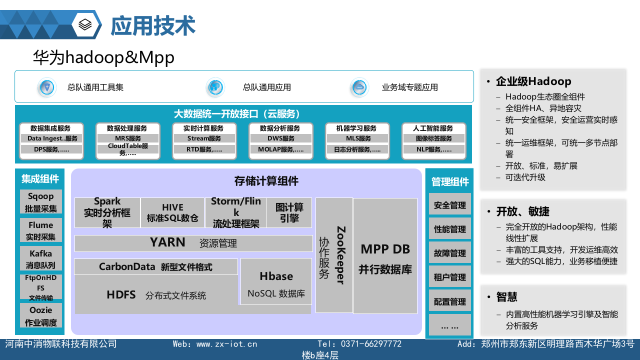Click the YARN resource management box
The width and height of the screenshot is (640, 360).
(193, 243)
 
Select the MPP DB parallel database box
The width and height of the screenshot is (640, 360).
(385, 256)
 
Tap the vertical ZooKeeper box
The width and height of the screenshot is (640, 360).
(334, 255)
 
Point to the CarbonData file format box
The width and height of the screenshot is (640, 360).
(155, 267)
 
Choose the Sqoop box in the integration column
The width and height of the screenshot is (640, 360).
(41, 202)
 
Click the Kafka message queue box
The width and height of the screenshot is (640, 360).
(41, 258)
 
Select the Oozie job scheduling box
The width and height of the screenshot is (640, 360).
(41, 316)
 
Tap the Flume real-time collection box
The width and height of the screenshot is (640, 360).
(41, 230)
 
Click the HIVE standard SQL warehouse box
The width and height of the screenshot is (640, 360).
(172, 212)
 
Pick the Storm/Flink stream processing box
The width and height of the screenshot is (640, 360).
(235, 212)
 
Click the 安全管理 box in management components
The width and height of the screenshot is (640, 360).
(450, 204)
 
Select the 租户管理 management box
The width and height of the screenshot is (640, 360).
(450, 276)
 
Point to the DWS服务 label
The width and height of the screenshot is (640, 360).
(281, 138)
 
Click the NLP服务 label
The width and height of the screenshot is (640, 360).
(434, 149)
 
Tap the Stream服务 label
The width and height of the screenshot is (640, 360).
(204, 138)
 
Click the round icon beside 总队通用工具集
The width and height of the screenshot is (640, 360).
(47, 87)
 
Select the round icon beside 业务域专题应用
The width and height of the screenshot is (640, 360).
(359, 87)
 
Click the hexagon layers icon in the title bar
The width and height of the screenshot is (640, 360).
(86, 24)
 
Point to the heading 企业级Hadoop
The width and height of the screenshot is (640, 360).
(533, 81)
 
